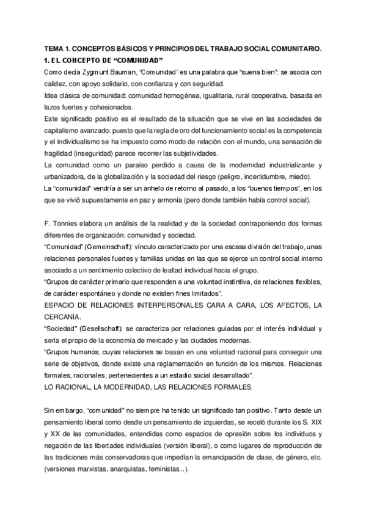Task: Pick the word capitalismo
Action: pos(67,130)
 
